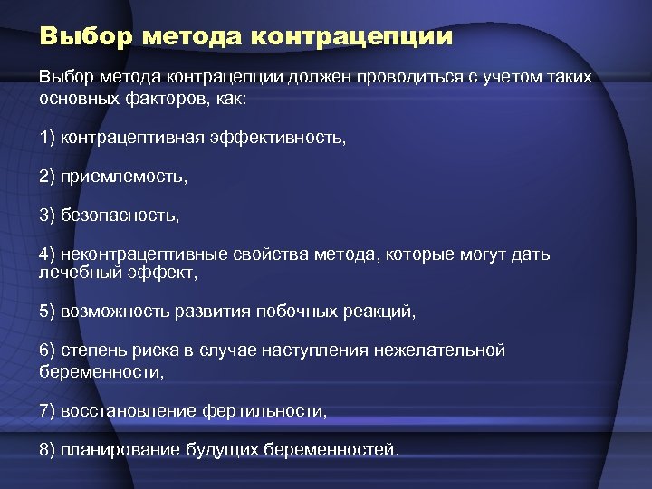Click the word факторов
[159, 98]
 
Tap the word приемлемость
[124, 177]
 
